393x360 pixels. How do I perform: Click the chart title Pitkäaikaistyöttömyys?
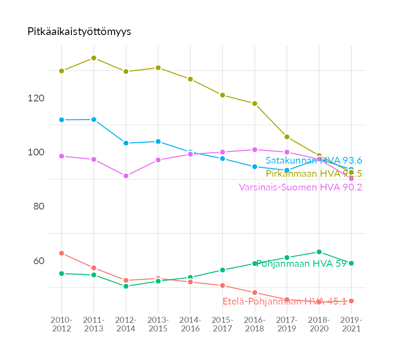pyautogui.click(x=79, y=31)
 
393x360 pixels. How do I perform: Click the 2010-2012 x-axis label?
pyautogui.click(x=61, y=325)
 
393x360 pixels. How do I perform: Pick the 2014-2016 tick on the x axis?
pyautogui.click(x=190, y=325)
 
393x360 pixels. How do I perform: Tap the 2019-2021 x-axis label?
pyautogui.click(x=351, y=325)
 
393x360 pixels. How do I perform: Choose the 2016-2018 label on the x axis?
pyautogui.click(x=255, y=325)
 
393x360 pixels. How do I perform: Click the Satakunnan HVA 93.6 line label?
pyautogui.click(x=314, y=160)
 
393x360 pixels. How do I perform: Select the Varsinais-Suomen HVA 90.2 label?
pyautogui.click(x=300, y=187)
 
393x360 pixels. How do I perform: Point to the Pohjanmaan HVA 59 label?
pyautogui.click(x=301, y=264)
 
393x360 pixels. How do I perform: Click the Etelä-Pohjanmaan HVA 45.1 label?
pyautogui.click(x=285, y=301)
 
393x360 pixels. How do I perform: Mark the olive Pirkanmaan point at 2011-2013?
pyautogui.click(x=94, y=58)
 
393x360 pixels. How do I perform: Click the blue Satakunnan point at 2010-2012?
pyautogui.click(x=61, y=120)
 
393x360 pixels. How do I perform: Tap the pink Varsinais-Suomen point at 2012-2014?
pyautogui.click(x=126, y=176)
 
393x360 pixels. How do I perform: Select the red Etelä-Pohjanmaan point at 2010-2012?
pyautogui.click(x=61, y=253)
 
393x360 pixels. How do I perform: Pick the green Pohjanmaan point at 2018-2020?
pyautogui.click(x=319, y=252)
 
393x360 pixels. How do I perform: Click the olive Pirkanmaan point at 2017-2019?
pyautogui.click(x=287, y=137)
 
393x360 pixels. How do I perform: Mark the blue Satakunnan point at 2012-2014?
pyautogui.click(x=126, y=143)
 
